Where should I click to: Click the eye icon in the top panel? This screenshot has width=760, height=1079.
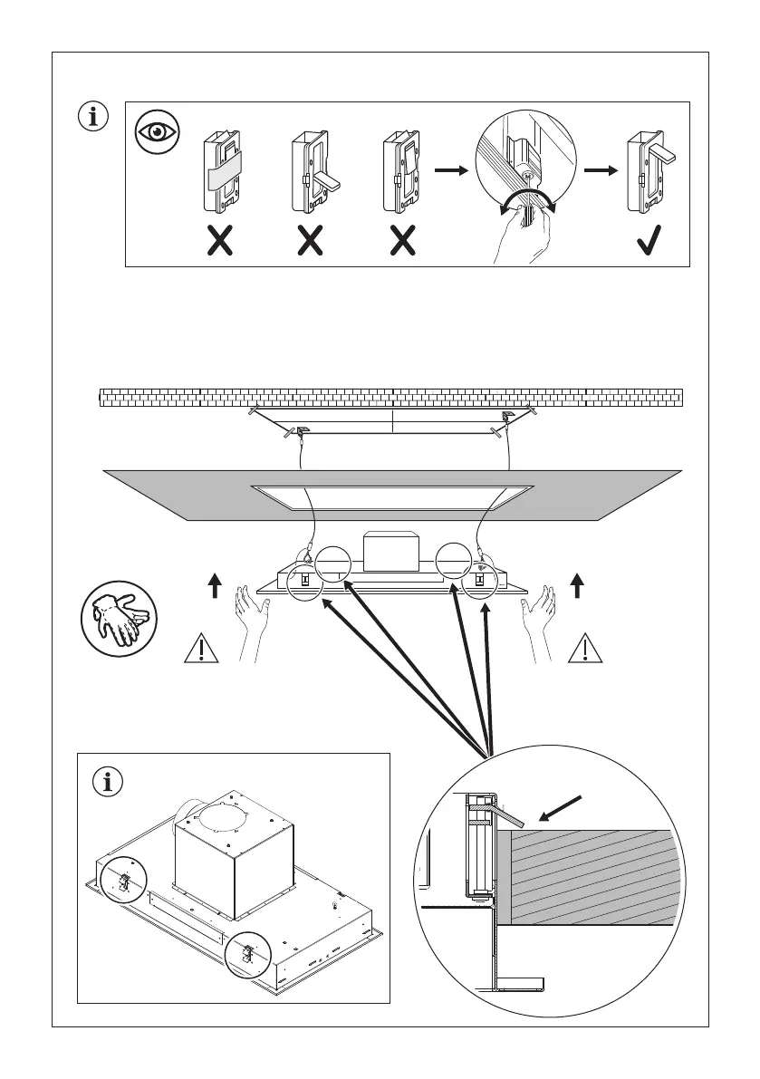[x=158, y=132]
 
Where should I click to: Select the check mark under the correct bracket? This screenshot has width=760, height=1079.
[x=647, y=239]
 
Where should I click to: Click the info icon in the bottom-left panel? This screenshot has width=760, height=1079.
[x=109, y=782]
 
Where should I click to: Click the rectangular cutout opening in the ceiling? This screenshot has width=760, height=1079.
[x=391, y=497]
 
